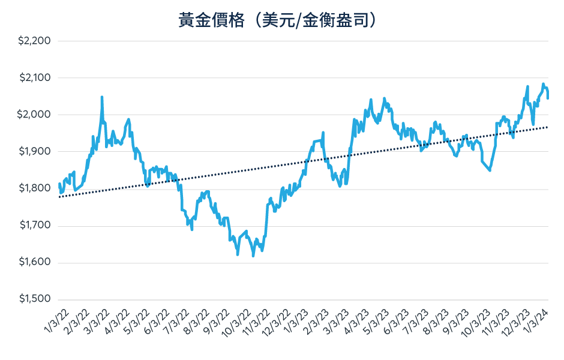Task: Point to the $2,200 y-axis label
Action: (x=35, y=41)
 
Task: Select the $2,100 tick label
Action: (x=35, y=78)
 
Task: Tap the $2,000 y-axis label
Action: (x=35, y=115)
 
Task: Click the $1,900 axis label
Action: (x=35, y=152)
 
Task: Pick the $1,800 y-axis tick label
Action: (x=35, y=188)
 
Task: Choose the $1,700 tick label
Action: (x=35, y=226)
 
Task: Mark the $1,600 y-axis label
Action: (x=35, y=262)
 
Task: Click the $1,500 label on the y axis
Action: (x=35, y=299)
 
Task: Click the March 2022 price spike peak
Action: (x=102, y=97)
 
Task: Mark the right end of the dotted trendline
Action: (x=547, y=127)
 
